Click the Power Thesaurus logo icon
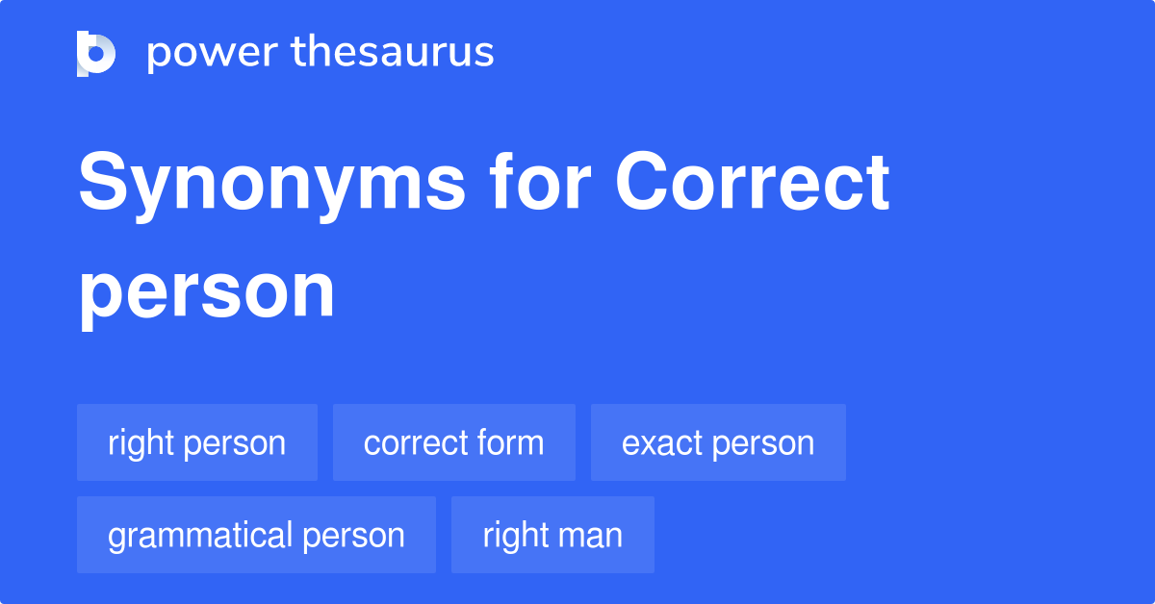[96, 53]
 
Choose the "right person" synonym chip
[197, 442]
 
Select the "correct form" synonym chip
[454, 442]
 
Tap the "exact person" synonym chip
[718, 442]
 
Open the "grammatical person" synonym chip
[256, 535]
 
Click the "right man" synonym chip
[552, 535]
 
